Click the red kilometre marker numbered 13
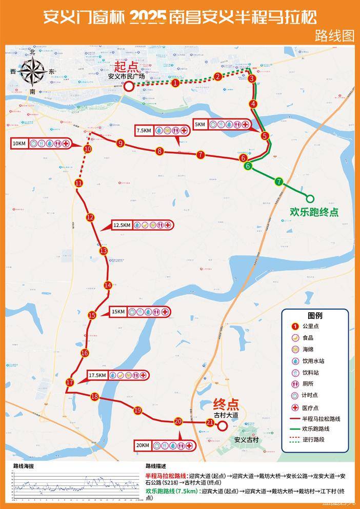click(x=104, y=251)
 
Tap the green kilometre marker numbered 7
click(x=278, y=181)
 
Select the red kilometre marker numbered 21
click(x=210, y=423)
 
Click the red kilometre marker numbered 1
click(x=175, y=83)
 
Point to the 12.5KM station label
click(x=123, y=225)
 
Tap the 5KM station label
click(x=200, y=125)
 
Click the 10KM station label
click(x=19, y=144)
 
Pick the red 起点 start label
click(x=126, y=67)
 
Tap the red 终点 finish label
click(x=226, y=404)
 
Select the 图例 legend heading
click(x=315, y=315)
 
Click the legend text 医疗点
click(x=311, y=408)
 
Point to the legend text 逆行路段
click(x=313, y=439)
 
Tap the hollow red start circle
click(x=128, y=86)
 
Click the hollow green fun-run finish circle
click(x=310, y=198)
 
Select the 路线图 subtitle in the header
click(x=334, y=35)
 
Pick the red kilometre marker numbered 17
click(x=70, y=382)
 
